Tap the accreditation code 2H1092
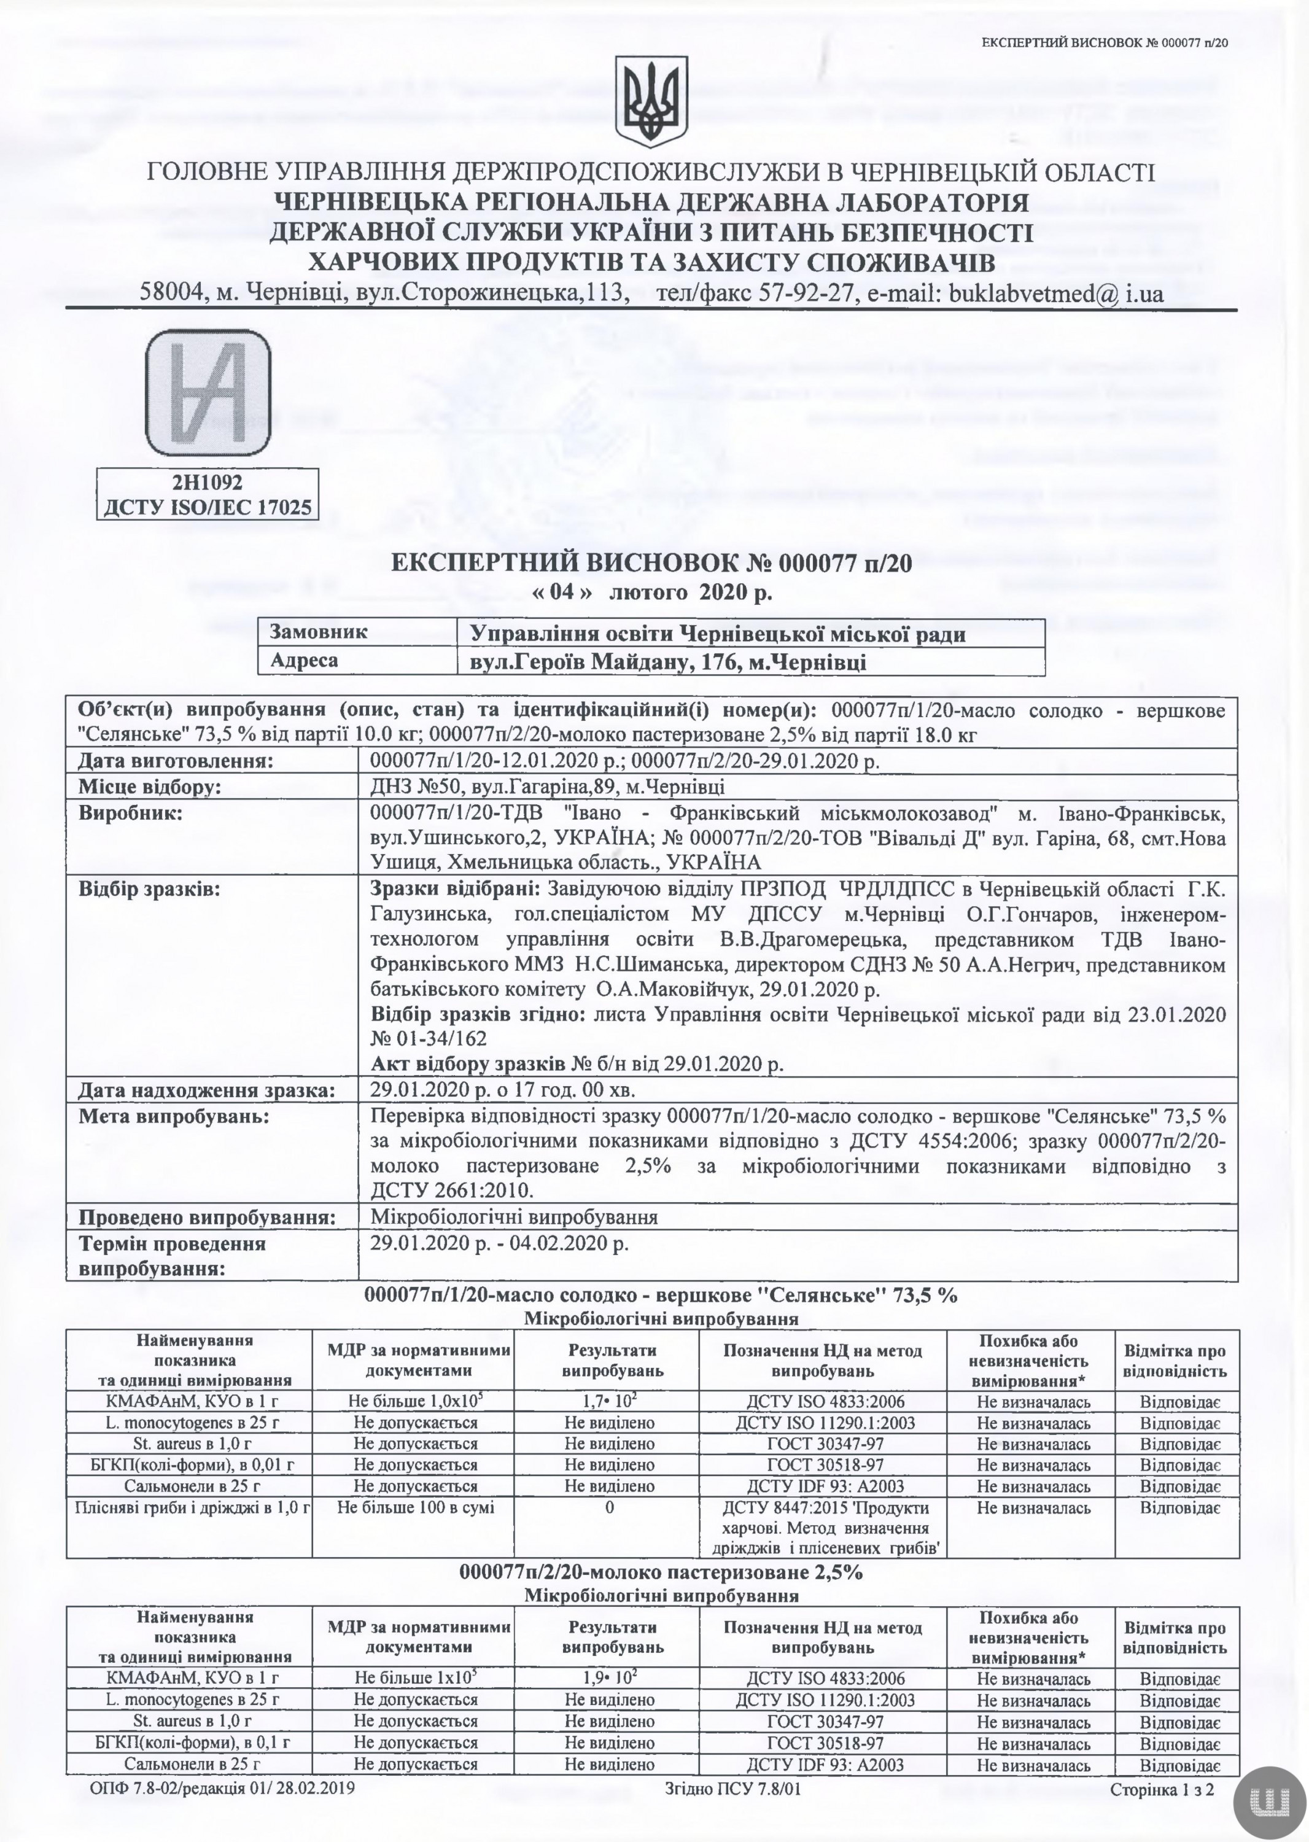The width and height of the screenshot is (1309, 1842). (207, 481)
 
